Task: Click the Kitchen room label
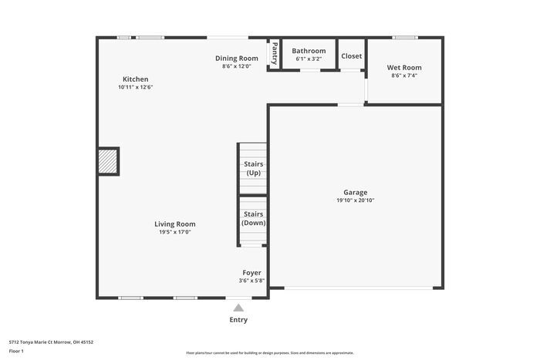pyautogui.click(x=135, y=79)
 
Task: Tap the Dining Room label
pyautogui.click(x=236, y=58)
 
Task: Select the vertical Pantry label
pyautogui.click(x=274, y=54)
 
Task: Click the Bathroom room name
pyautogui.click(x=309, y=51)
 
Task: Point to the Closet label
pyautogui.click(x=352, y=56)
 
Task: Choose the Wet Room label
pyautogui.click(x=404, y=68)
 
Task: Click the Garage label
pyautogui.click(x=355, y=192)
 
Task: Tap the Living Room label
pyautogui.click(x=175, y=224)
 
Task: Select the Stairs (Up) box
pyautogui.click(x=252, y=168)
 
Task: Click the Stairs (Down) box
pyautogui.click(x=253, y=218)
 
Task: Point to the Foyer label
pyautogui.click(x=251, y=273)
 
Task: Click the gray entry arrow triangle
pyautogui.click(x=238, y=308)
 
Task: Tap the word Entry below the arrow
pyautogui.click(x=238, y=320)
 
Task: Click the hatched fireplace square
pyautogui.click(x=108, y=162)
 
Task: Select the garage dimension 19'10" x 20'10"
pyautogui.click(x=355, y=200)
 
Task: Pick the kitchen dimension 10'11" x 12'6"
pyautogui.click(x=135, y=87)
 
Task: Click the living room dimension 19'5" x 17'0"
pyautogui.click(x=175, y=232)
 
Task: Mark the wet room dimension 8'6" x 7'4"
pyautogui.click(x=404, y=76)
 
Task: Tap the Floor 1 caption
pyautogui.click(x=16, y=351)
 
